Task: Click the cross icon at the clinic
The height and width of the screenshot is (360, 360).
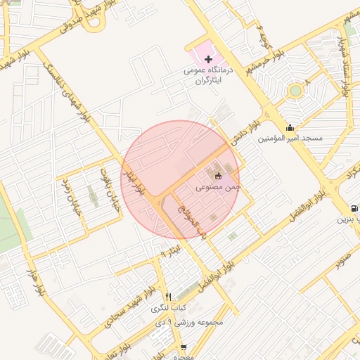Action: pos(208,59)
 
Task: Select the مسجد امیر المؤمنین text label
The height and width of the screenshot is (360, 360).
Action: pos(290,138)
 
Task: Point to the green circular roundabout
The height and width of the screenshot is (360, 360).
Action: pos(295,90)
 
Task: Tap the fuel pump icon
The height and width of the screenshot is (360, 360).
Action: pos(354,209)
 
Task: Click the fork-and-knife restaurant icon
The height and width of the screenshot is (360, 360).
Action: pos(167,297)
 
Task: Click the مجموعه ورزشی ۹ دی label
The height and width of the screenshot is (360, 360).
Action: pos(191,322)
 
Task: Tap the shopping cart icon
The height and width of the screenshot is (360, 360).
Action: pos(184,347)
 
